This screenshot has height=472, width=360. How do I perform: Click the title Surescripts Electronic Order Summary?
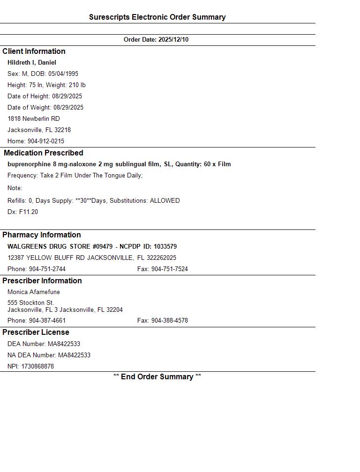tap(157, 17)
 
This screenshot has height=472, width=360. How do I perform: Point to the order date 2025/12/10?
tap(173, 40)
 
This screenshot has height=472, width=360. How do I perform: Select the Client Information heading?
tap(34, 52)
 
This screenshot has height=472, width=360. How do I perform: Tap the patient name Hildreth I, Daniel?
tap(32, 63)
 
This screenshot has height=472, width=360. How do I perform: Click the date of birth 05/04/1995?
tap(63, 74)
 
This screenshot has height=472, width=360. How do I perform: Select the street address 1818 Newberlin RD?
tap(34, 119)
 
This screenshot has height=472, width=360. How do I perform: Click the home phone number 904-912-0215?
tap(46, 141)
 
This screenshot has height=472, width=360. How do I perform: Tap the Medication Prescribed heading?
tap(43, 153)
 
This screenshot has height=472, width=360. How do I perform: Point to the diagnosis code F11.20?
tap(29, 212)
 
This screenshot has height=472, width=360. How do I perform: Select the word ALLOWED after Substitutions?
tap(165, 201)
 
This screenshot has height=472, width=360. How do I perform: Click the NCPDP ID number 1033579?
tap(165, 247)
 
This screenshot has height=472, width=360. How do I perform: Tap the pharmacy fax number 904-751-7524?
tap(170, 269)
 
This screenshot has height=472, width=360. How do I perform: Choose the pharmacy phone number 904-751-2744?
tap(47, 269)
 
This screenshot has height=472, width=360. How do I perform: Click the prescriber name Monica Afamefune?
tap(34, 292)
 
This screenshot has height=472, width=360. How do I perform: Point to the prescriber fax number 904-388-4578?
tap(170, 321)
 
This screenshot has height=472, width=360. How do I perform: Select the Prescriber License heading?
tap(36, 332)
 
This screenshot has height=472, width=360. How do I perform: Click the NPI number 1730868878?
tap(37, 367)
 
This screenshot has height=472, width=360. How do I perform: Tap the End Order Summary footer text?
tap(157, 377)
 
